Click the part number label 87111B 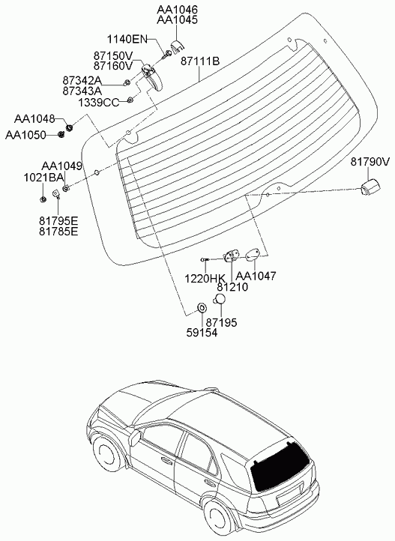pos(200,61)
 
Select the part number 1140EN pos(127,39)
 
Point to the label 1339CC pos(98,103)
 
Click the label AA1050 pos(25,135)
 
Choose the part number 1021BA pos(43,178)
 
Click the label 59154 pos(202,333)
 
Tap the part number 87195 pos(221,323)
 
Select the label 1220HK pos(205,278)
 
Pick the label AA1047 pos(256,276)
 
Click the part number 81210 pos(232,287)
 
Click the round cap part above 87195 pos(219,299)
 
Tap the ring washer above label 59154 pos(202,307)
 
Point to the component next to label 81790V pos(370,187)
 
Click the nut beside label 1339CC pos(130,100)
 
